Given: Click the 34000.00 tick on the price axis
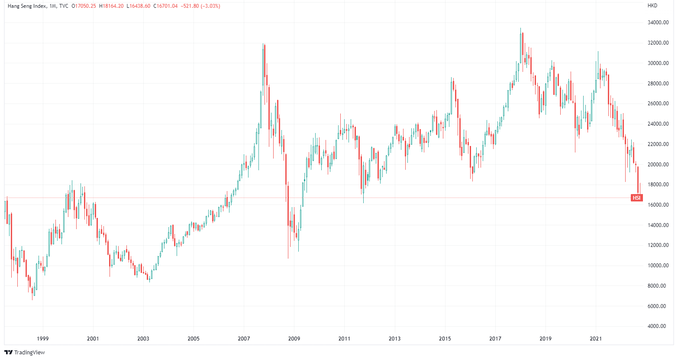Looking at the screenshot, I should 657,23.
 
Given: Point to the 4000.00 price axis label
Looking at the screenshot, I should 657,326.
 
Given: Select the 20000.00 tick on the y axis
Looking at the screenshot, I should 657,165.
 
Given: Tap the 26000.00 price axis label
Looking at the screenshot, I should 657,104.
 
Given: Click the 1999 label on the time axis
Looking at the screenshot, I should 42,338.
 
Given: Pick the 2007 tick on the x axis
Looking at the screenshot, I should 244,338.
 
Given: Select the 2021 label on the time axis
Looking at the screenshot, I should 596,338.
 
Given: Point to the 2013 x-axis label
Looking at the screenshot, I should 394,338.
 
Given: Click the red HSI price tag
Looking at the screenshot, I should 636,198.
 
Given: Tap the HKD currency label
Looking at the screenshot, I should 652,6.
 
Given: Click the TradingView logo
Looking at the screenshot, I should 25,352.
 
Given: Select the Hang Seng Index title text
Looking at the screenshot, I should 26,6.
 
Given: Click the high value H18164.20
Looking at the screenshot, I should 111,6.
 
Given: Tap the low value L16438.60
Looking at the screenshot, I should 138,6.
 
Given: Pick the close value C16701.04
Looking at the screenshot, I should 165,6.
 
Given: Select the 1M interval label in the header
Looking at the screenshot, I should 53,6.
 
